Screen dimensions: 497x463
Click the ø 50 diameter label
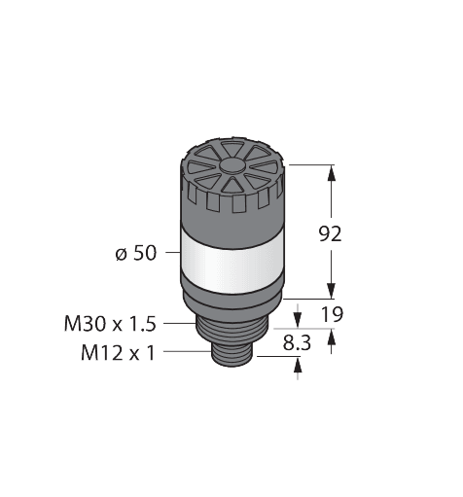point(134,255)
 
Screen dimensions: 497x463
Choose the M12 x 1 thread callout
point(118,351)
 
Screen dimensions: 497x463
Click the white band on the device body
point(233,253)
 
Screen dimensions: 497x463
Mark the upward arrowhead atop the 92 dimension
point(333,174)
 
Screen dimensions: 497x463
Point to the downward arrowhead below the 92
point(333,289)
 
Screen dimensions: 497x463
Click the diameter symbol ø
point(121,255)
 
